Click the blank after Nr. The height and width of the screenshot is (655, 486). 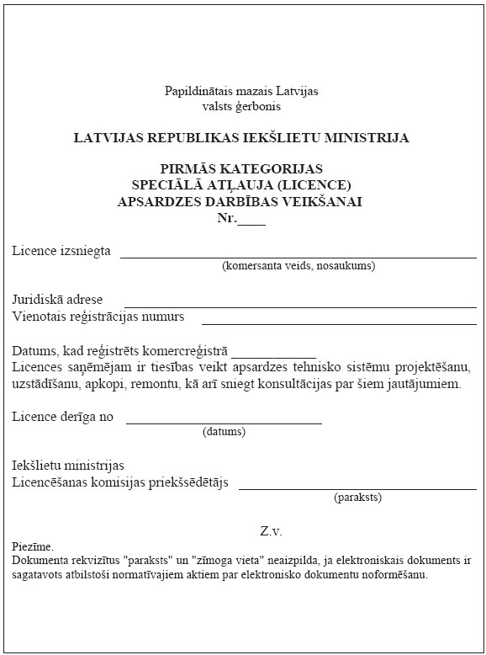coord(252,219)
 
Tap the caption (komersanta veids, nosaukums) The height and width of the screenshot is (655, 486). coord(298,266)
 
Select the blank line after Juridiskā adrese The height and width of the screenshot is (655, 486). coord(301,304)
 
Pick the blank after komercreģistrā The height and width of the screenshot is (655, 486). coord(274,355)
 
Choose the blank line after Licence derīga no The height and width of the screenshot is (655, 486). coord(224,420)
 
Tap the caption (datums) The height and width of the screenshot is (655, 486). coord(224,432)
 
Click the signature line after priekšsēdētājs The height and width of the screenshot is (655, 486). coord(357,486)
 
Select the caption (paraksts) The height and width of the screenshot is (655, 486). coord(357,498)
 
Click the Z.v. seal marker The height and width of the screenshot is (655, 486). coord(271,531)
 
